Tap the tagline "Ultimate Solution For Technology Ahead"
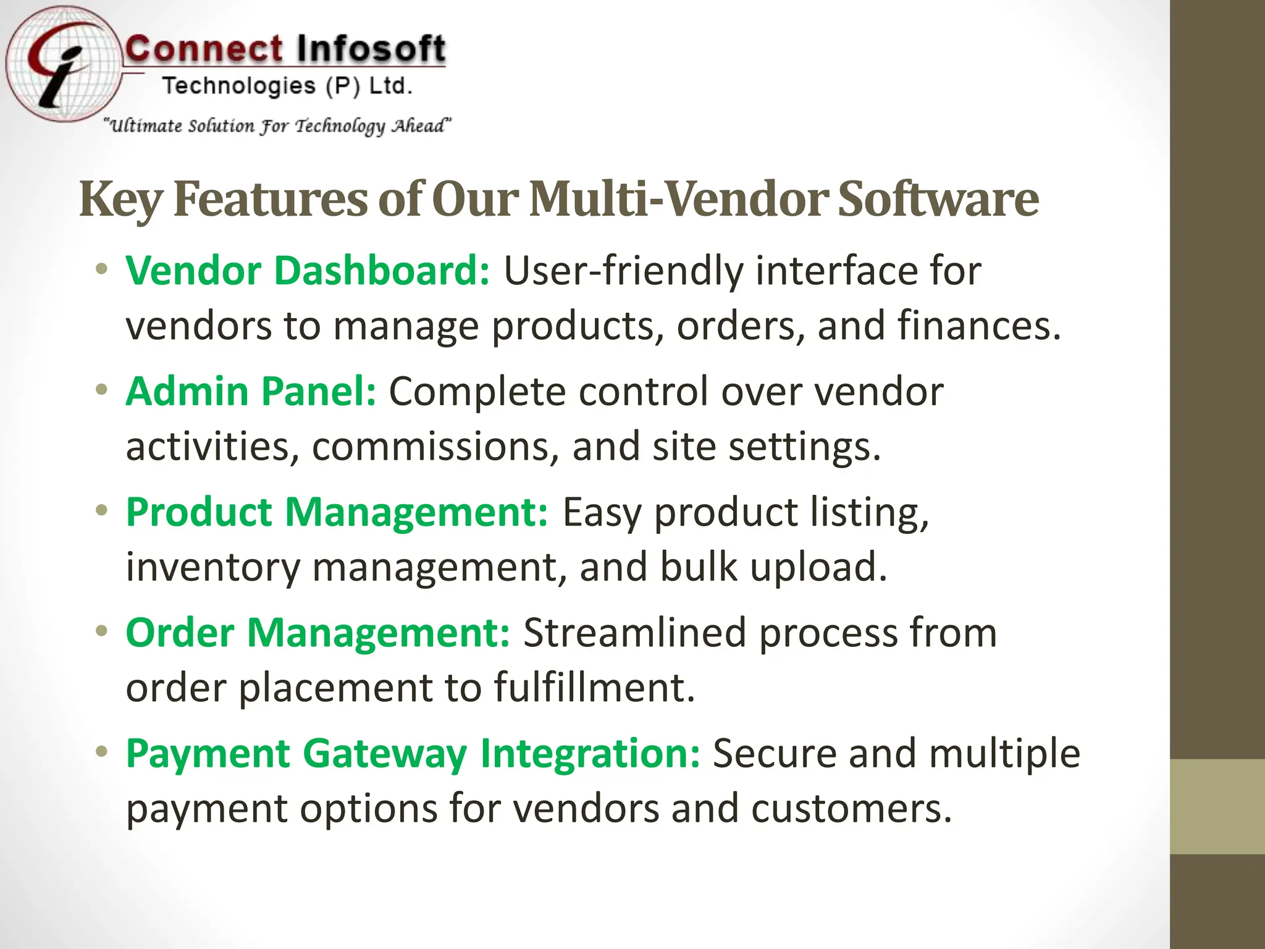277,126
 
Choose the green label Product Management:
337,512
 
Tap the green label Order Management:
317,633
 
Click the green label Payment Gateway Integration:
413,754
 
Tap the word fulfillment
594,688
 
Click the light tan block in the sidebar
1217,806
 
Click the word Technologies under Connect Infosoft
239,86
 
